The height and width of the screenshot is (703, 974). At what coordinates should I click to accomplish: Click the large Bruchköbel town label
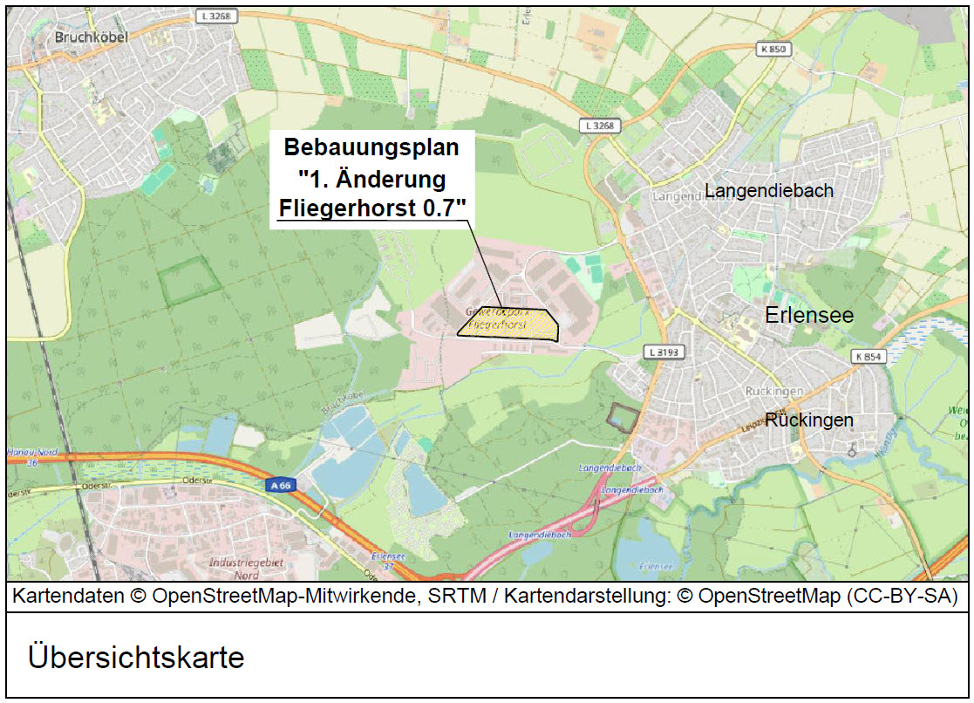(91, 38)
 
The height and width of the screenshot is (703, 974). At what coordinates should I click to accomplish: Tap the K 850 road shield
(772, 50)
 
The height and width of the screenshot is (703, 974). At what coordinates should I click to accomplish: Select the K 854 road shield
(868, 357)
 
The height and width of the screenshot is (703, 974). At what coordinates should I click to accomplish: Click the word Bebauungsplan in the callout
(371, 147)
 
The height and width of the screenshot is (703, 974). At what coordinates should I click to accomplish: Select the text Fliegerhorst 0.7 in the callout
(371, 207)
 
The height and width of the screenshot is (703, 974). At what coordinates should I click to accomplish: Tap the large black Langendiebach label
(769, 190)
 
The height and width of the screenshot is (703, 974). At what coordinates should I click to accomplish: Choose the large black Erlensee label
(808, 316)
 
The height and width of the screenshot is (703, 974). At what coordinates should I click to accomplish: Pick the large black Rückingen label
(809, 420)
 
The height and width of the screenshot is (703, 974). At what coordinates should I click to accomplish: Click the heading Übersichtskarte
(136, 656)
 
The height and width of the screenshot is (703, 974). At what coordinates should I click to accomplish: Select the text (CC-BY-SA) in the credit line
(907, 597)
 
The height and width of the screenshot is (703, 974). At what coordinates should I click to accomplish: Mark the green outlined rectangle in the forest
(189, 281)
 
